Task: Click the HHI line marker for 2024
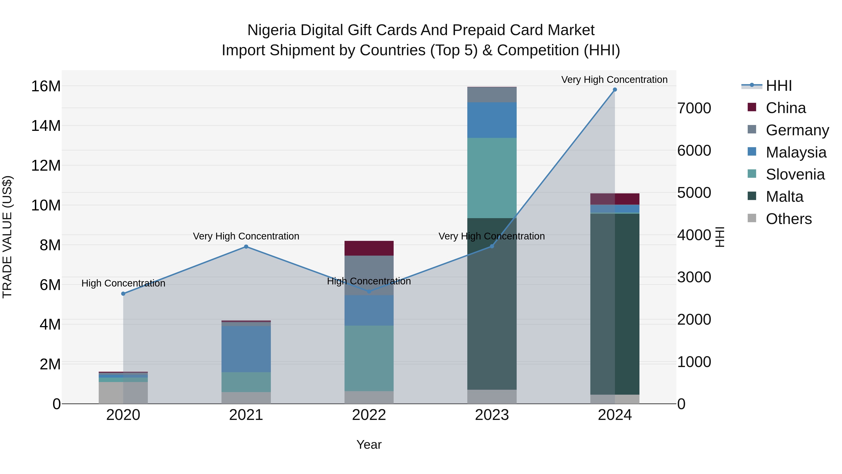614,90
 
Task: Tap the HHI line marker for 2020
123,294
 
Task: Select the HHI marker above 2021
246,247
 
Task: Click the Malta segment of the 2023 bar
492,304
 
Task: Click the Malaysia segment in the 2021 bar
246,349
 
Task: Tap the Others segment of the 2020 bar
123,393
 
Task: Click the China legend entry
785,108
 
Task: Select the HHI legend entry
779,86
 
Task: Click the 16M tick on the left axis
46,86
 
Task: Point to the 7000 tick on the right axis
694,108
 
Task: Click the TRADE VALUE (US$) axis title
7,237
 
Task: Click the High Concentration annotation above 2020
123,283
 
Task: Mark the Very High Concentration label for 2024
614,80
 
